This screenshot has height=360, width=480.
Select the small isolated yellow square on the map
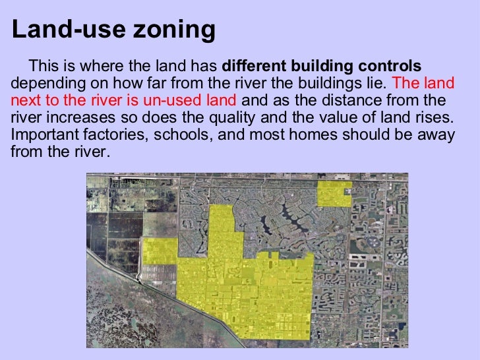tap(334, 193)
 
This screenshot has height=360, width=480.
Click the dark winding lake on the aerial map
tap(290, 214)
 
